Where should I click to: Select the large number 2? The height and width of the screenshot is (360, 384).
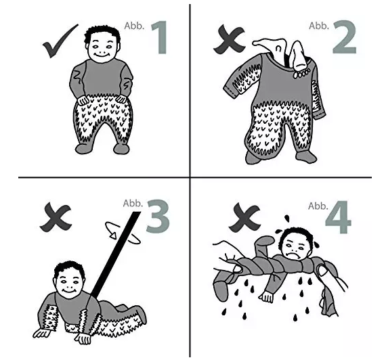[x=344, y=37]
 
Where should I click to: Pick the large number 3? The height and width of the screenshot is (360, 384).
[x=158, y=216]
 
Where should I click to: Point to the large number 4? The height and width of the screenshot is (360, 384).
[x=338, y=217]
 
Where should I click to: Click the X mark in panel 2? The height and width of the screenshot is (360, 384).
[x=229, y=39]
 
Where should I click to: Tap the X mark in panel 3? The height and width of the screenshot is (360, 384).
[x=56, y=217]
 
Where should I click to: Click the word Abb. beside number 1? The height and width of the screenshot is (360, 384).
[x=134, y=26]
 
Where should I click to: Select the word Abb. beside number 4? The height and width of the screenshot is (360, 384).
[x=318, y=206]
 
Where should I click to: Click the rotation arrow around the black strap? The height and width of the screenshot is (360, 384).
[x=123, y=233]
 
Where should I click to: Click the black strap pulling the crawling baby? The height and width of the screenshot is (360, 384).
[x=116, y=254]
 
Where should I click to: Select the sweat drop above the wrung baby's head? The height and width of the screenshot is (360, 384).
[x=286, y=218]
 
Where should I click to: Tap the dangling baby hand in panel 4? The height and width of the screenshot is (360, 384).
[x=266, y=297]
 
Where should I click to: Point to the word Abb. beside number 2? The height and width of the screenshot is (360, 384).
[x=318, y=26]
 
